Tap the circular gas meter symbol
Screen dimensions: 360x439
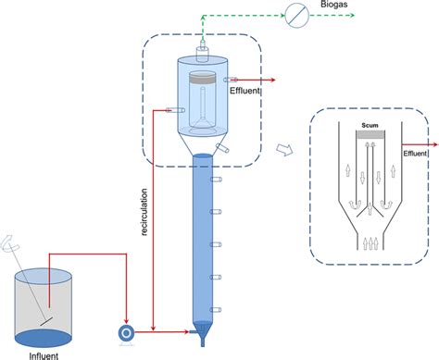click(x=296, y=16)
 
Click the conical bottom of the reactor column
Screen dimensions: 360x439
click(x=204, y=329)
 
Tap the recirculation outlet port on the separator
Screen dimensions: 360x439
click(x=168, y=110)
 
